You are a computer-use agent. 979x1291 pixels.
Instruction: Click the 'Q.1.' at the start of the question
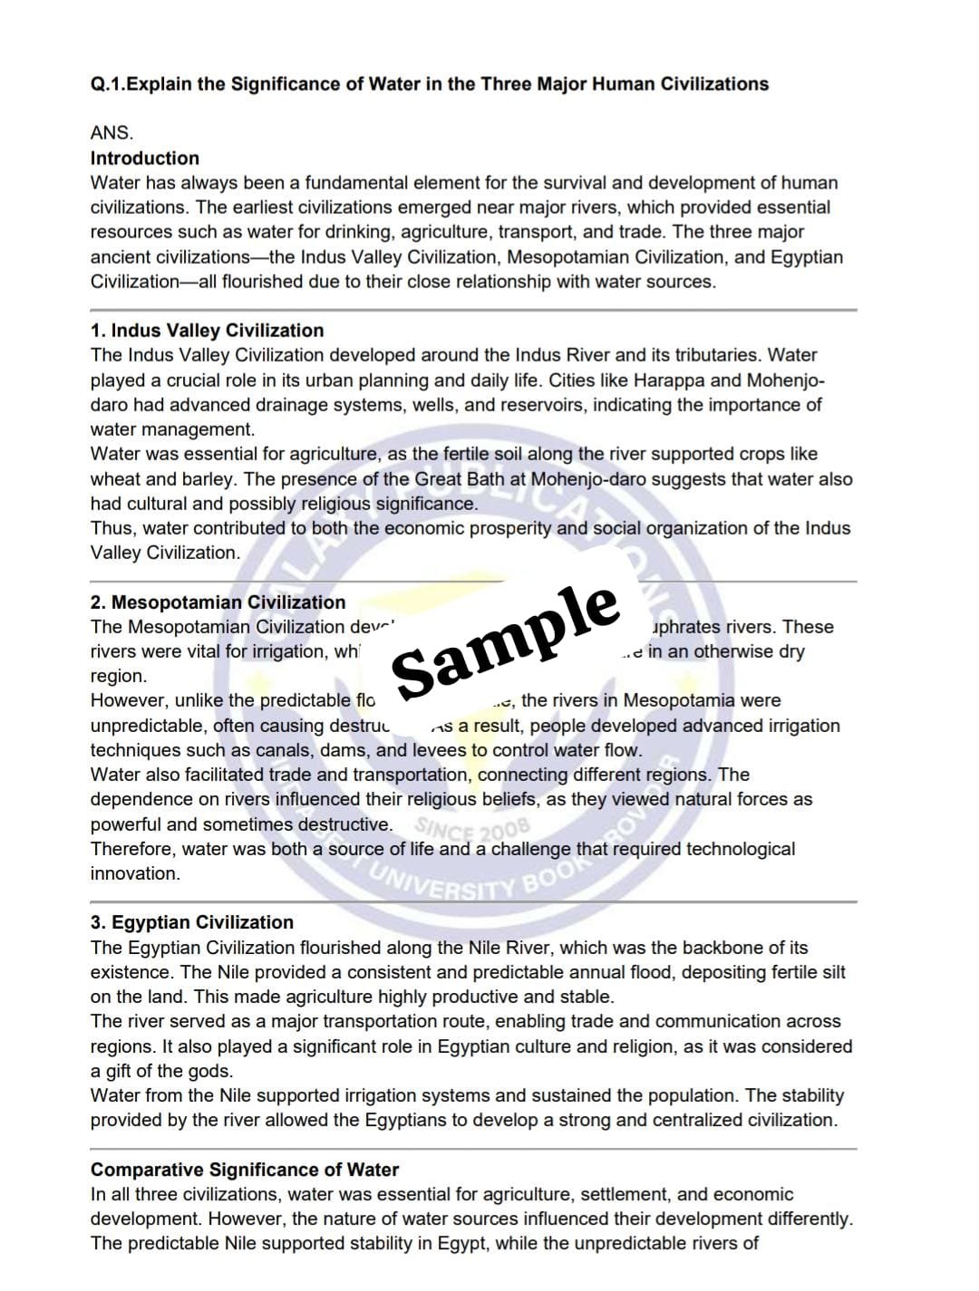[x=106, y=84]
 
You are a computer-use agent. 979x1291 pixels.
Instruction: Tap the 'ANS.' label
[x=111, y=133]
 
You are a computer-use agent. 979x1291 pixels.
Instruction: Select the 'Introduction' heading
[x=144, y=158]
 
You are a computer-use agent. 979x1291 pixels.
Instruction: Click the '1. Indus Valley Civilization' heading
[x=207, y=331]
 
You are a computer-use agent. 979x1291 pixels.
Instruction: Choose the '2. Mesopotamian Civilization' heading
[x=218, y=602]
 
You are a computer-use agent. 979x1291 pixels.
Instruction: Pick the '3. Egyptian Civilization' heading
[x=191, y=922]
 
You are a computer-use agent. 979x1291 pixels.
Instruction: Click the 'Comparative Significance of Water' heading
[x=245, y=1170]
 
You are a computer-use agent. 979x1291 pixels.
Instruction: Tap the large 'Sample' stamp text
[x=506, y=640]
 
